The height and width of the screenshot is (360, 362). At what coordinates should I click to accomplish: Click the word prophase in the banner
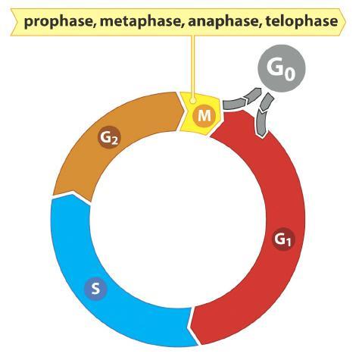[x=59, y=22]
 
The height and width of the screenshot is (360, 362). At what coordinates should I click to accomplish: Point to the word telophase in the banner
[x=301, y=22]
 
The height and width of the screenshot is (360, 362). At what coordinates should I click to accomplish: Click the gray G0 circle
[x=282, y=68]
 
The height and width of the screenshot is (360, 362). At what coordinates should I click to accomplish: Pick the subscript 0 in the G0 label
[x=290, y=74]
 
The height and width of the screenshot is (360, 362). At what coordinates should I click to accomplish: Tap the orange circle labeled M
[x=204, y=116]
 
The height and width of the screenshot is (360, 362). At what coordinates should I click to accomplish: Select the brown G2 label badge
[x=109, y=138]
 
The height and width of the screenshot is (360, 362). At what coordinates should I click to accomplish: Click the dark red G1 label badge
[x=283, y=239]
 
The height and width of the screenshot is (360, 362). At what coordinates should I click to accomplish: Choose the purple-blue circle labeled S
[x=95, y=288]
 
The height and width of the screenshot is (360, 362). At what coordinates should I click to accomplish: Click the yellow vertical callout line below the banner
[x=193, y=67]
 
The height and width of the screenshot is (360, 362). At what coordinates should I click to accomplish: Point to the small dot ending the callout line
[x=193, y=101]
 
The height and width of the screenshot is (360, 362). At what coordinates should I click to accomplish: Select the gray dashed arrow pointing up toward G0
[x=242, y=101]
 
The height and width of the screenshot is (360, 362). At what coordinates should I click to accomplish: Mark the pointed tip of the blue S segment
[x=73, y=194]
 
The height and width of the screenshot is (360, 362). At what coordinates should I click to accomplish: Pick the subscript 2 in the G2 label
[x=114, y=141]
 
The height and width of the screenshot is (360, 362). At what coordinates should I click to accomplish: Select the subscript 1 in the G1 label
[x=289, y=243]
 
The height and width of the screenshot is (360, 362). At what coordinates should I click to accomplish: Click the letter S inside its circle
[x=95, y=288]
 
